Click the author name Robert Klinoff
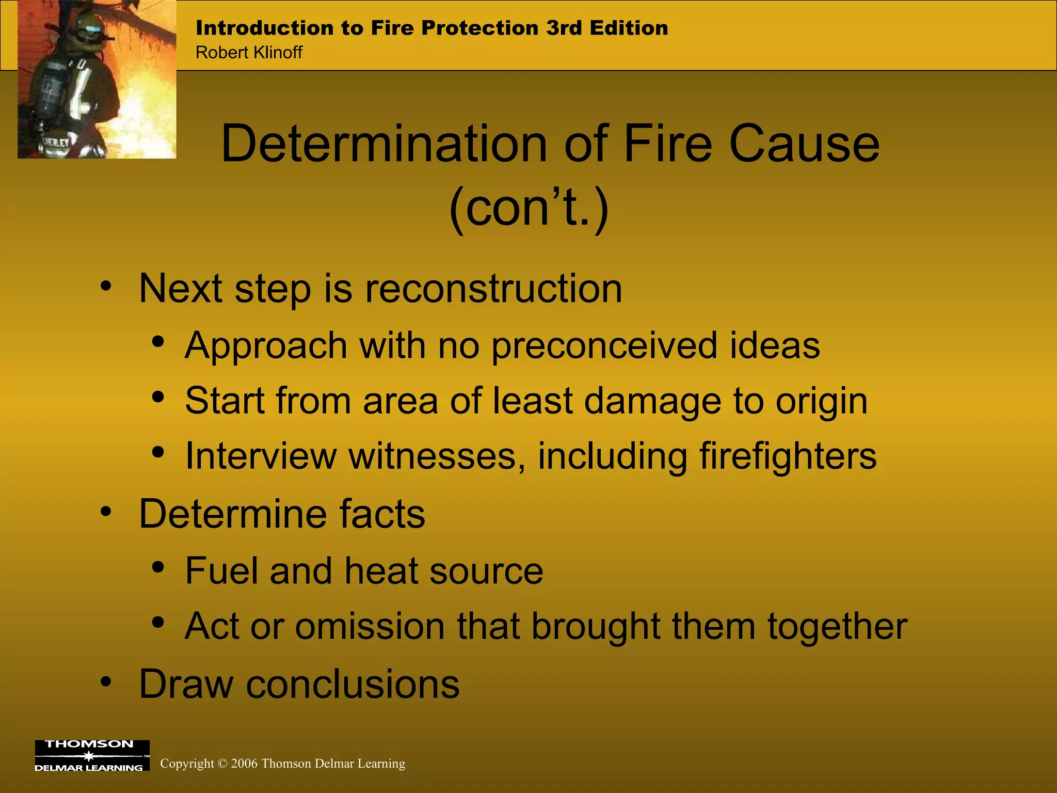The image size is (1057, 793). (249, 53)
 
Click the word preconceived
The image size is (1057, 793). (604, 345)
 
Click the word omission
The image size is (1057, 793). (370, 626)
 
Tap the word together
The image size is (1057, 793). (837, 626)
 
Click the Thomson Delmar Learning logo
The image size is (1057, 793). (92, 755)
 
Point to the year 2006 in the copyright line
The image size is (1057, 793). (244, 764)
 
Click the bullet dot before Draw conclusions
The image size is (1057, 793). (106, 682)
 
